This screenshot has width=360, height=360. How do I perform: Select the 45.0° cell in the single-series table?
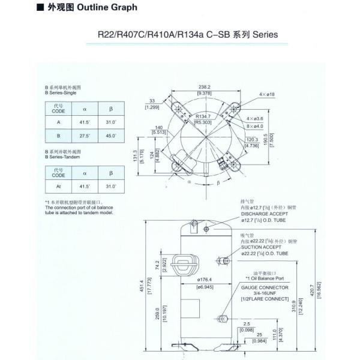[x=111, y=136]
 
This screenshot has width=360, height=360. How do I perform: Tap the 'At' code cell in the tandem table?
[x=58, y=187]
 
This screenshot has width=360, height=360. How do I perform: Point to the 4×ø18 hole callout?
[x=267, y=95]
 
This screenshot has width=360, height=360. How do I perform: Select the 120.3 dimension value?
[x=252, y=139]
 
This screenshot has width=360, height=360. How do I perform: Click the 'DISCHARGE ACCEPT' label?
[x=264, y=213]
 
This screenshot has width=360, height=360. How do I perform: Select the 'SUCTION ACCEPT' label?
[x=261, y=247]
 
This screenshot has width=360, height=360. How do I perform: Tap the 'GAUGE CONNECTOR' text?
[x=265, y=287]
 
